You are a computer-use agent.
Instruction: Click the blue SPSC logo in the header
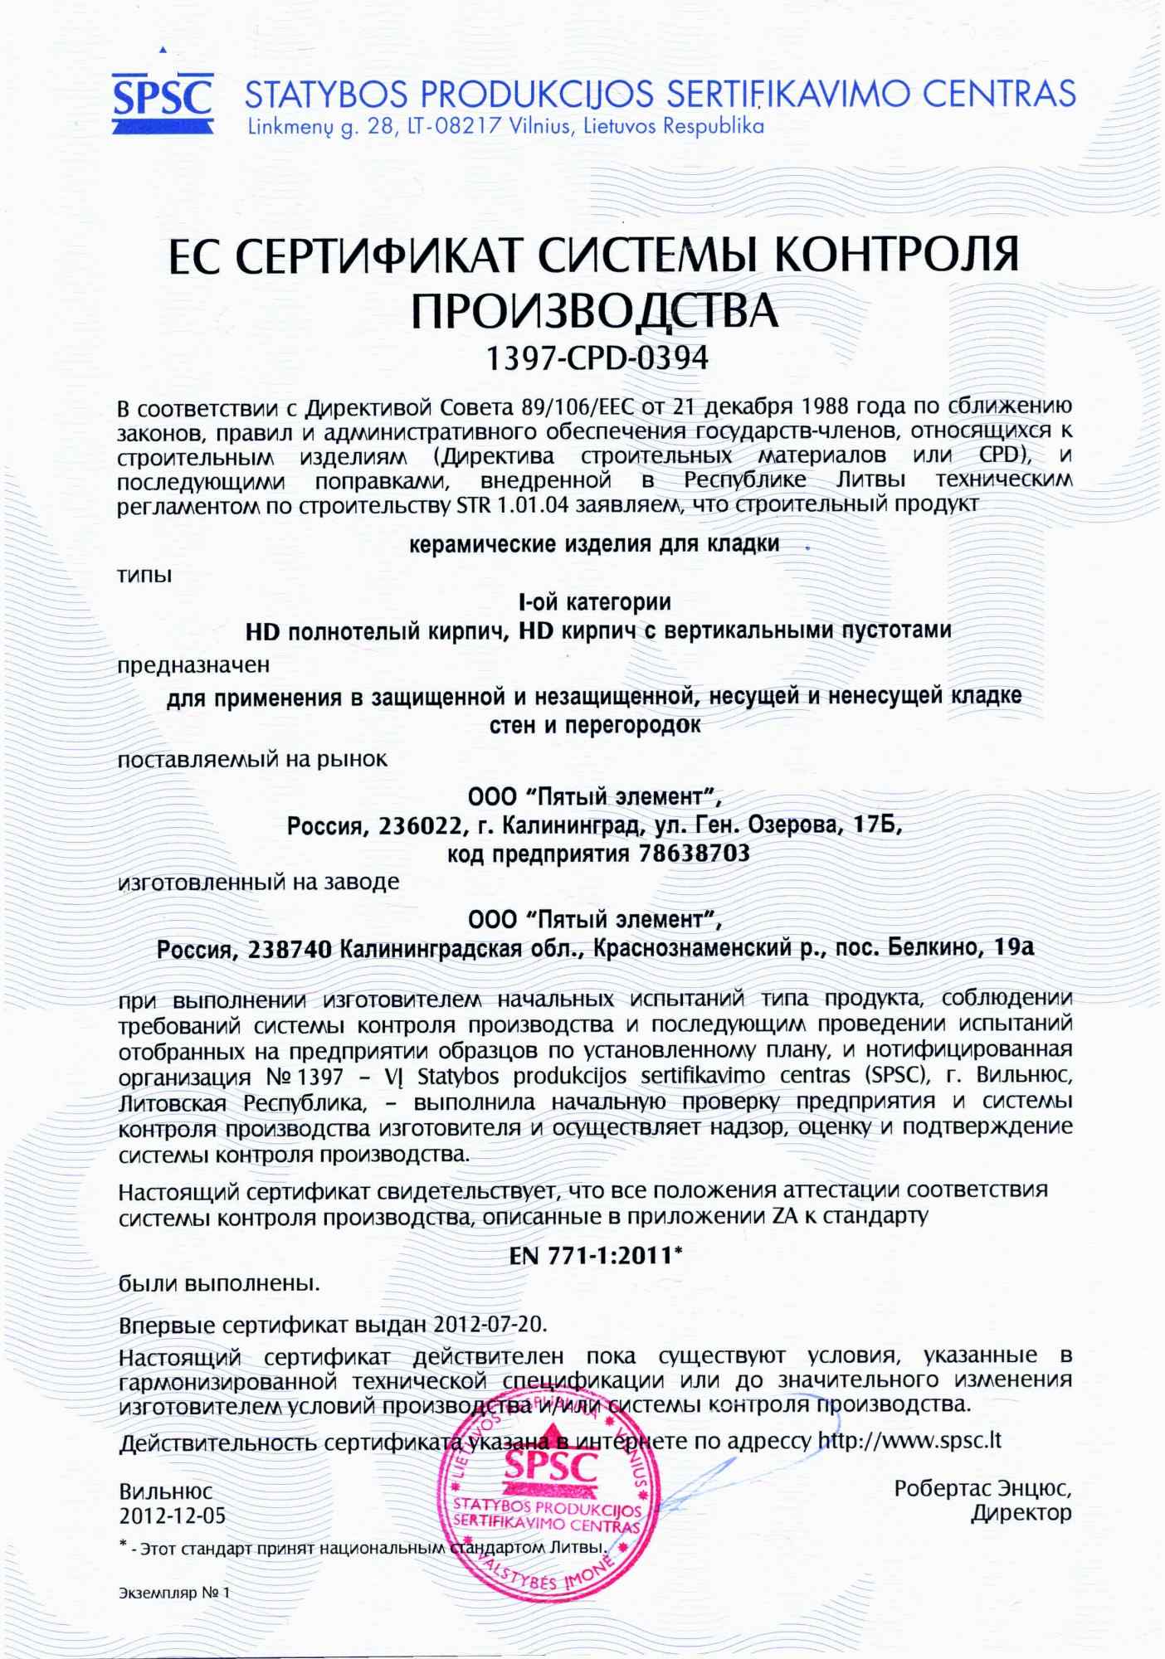pyautogui.click(x=163, y=100)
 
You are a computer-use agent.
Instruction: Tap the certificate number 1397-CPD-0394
pyautogui.click(x=597, y=358)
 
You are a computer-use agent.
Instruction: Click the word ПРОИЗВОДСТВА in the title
pyautogui.click(x=595, y=310)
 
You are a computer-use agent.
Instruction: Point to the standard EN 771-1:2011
pyautogui.click(x=594, y=1255)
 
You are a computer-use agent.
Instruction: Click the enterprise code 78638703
pyautogui.click(x=695, y=853)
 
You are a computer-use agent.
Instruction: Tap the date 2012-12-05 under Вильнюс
pyautogui.click(x=173, y=1516)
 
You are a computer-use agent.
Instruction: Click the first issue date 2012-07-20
pyautogui.click(x=490, y=1323)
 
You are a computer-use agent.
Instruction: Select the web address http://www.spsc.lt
pyautogui.click(x=909, y=1440)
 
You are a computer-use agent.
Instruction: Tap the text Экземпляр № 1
pyautogui.click(x=173, y=1593)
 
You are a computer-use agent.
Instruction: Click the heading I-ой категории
pyautogui.click(x=594, y=601)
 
